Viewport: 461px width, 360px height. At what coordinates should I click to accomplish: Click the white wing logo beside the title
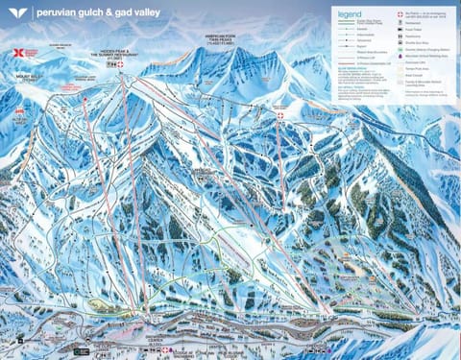(14, 13)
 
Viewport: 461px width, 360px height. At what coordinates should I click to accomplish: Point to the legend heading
(349, 14)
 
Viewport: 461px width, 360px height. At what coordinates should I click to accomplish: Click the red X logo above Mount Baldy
(21, 58)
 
